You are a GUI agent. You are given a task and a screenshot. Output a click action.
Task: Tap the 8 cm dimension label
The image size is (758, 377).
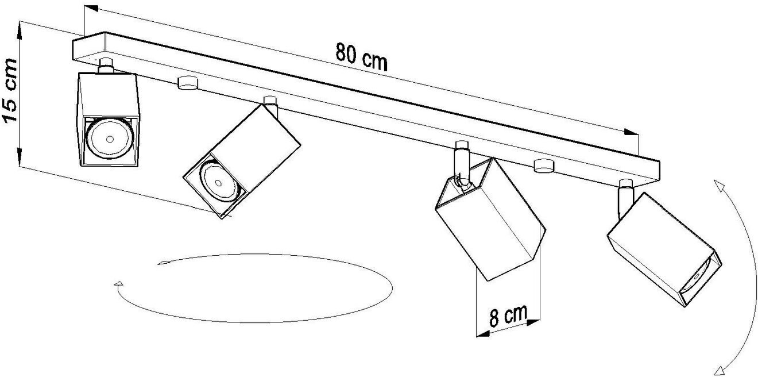[x=508, y=316]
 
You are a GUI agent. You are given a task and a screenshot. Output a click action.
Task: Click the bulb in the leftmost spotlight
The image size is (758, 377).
[x=109, y=139]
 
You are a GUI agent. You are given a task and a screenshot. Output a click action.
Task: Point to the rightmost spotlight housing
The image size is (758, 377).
[x=660, y=247]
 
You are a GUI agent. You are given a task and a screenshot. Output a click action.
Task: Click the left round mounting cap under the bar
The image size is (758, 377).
[x=187, y=83]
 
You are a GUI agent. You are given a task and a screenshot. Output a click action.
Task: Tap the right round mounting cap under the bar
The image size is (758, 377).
[x=542, y=166]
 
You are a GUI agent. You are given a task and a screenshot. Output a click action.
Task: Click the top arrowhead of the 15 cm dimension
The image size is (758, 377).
[x=20, y=25]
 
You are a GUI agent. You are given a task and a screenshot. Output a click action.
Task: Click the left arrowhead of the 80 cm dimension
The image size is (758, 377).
[x=91, y=9]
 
